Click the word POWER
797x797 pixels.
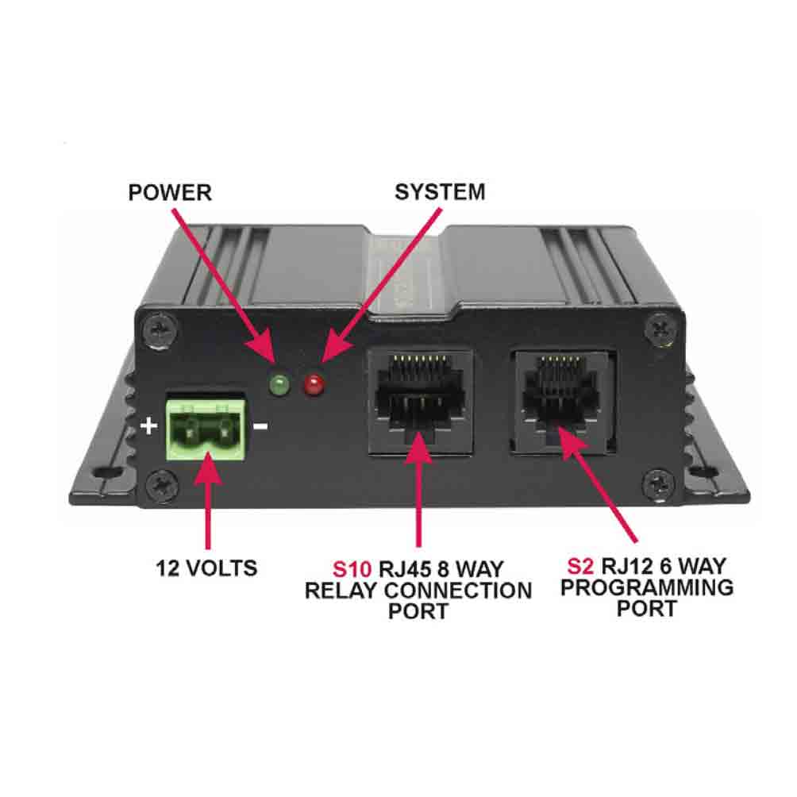[x=170, y=193]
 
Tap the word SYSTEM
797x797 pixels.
[x=440, y=192]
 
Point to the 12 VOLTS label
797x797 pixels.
[x=206, y=568]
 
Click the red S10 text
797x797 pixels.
[x=350, y=569]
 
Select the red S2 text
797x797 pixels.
[x=581, y=566]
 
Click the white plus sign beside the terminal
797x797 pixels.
[x=148, y=426]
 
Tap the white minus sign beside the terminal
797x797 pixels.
[x=260, y=427]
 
